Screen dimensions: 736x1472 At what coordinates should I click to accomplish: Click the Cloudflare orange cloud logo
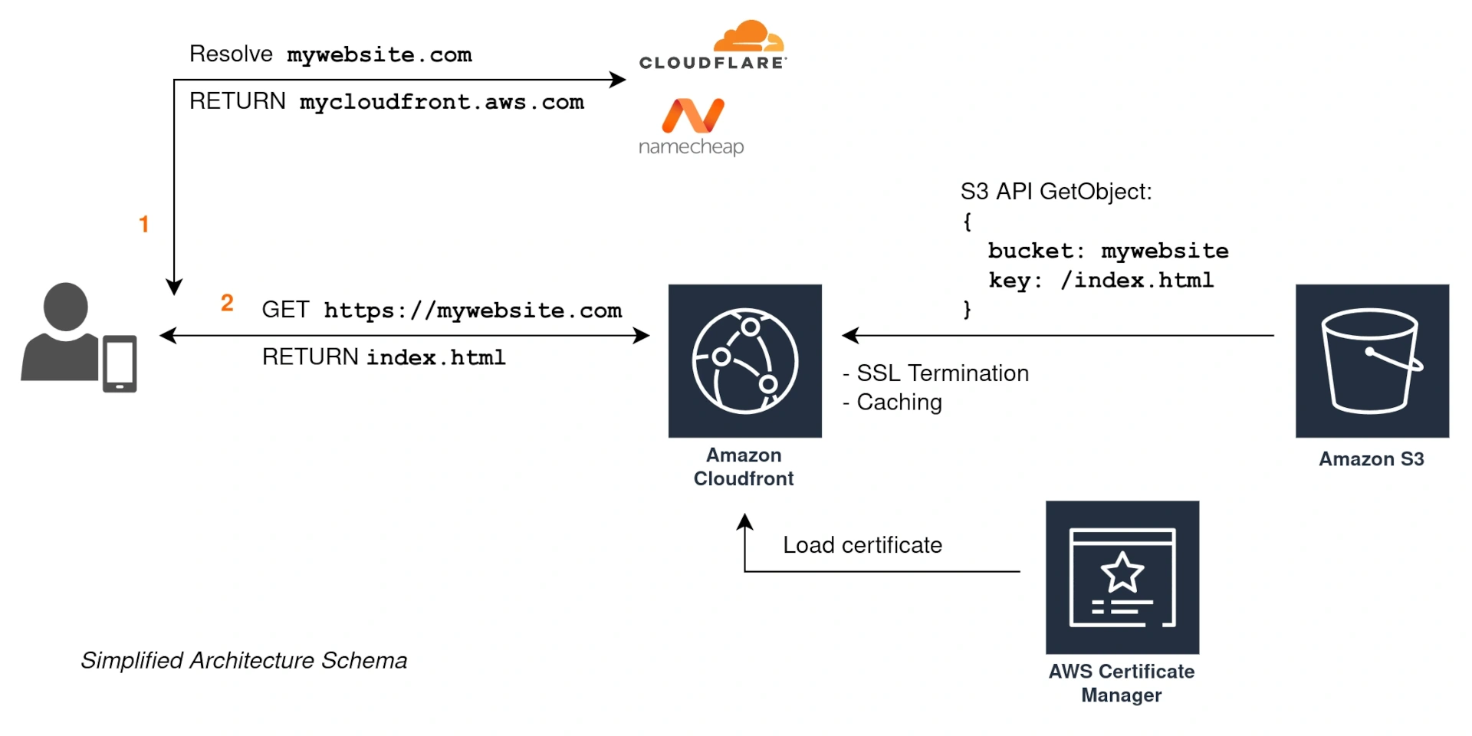click(x=747, y=36)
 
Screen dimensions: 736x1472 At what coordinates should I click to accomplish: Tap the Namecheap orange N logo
click(x=693, y=115)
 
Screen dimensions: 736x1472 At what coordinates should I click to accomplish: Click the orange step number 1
click(x=143, y=224)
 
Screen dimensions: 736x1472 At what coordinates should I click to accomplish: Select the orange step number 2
click(x=227, y=303)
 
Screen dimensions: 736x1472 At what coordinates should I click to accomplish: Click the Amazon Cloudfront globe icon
click(x=744, y=361)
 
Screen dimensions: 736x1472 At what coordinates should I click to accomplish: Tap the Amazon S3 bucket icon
click(x=1372, y=361)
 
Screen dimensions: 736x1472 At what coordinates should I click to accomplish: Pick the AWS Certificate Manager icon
click(x=1122, y=577)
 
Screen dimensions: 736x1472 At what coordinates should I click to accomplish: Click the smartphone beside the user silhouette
click(x=120, y=363)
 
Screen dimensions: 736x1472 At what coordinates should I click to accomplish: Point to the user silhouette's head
click(x=66, y=306)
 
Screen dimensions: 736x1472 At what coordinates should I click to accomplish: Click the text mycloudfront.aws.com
click(x=442, y=102)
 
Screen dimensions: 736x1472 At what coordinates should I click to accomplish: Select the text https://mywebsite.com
click(x=472, y=310)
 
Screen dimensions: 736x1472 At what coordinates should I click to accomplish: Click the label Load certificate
click(x=863, y=545)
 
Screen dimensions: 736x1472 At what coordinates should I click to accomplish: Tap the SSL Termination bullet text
click(x=942, y=373)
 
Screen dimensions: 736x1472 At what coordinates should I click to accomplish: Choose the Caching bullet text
click(x=899, y=402)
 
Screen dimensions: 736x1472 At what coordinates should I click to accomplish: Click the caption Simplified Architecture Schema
click(x=244, y=661)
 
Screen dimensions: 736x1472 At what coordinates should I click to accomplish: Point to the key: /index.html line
click(x=1101, y=281)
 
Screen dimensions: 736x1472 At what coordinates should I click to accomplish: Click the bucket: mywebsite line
click(x=1108, y=251)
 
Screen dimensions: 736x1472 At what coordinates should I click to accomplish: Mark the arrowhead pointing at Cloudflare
click(x=619, y=79)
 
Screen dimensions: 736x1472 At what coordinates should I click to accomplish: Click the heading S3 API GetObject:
click(x=1056, y=192)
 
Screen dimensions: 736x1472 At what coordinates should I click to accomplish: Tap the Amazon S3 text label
click(x=1371, y=459)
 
